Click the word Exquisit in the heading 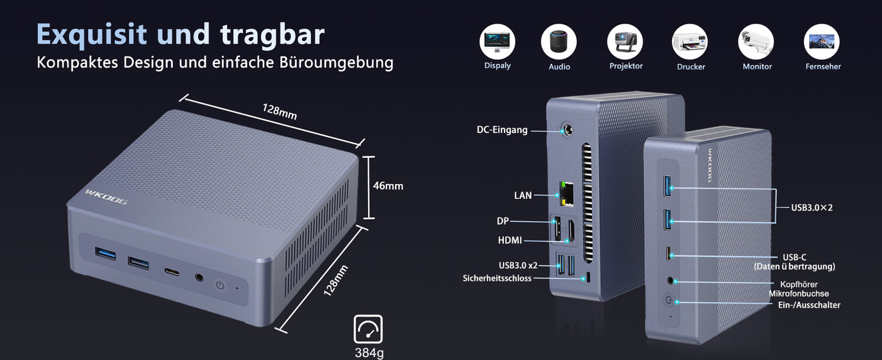tap(91, 35)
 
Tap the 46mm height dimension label tap(388, 186)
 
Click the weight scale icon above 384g tap(368, 329)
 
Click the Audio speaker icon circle tap(559, 42)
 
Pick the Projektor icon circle tap(625, 42)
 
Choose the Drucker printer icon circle tap(690, 42)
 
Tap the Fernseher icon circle tap(821, 42)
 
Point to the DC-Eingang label tap(502, 130)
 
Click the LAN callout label tap(523, 195)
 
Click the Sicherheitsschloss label tap(497, 278)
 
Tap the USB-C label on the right tap(794, 257)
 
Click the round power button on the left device tap(220, 285)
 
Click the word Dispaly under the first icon tap(497, 66)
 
